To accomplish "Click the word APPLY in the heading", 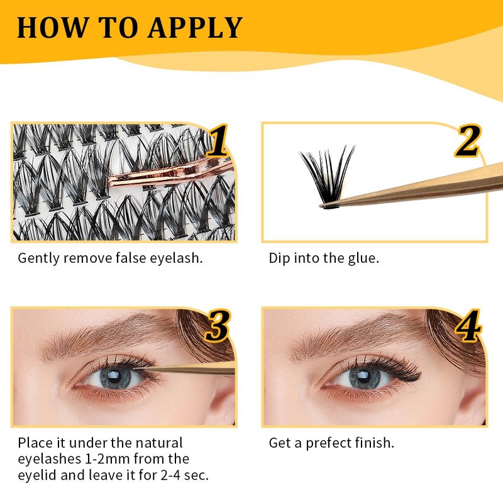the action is coord(195,28).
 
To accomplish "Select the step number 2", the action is coord(468,141).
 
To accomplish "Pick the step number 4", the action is coord(468,326).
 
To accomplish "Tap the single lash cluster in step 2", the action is coord(327,177).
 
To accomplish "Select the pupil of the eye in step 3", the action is coord(114,375).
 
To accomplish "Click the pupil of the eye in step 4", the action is coord(363,375).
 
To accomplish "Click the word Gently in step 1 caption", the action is coord(38,258).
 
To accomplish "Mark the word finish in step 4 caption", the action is coord(374,443).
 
